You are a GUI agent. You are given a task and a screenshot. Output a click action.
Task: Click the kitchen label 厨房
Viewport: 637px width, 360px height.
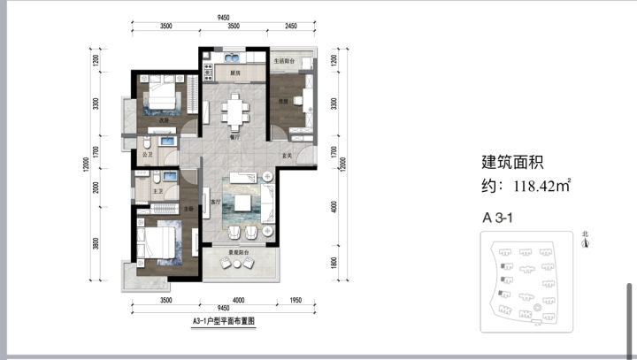pos(236,73)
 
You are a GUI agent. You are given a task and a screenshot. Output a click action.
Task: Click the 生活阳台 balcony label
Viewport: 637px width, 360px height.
pos(284,62)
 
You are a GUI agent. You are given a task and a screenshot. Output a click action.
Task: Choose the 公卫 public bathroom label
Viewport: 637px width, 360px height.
pos(147,155)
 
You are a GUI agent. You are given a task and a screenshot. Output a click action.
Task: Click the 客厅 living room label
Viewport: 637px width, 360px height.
pos(215,203)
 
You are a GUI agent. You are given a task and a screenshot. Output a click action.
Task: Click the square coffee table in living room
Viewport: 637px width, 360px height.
pos(243,201)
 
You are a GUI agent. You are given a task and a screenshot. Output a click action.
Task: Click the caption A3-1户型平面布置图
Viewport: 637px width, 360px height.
pos(224,322)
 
